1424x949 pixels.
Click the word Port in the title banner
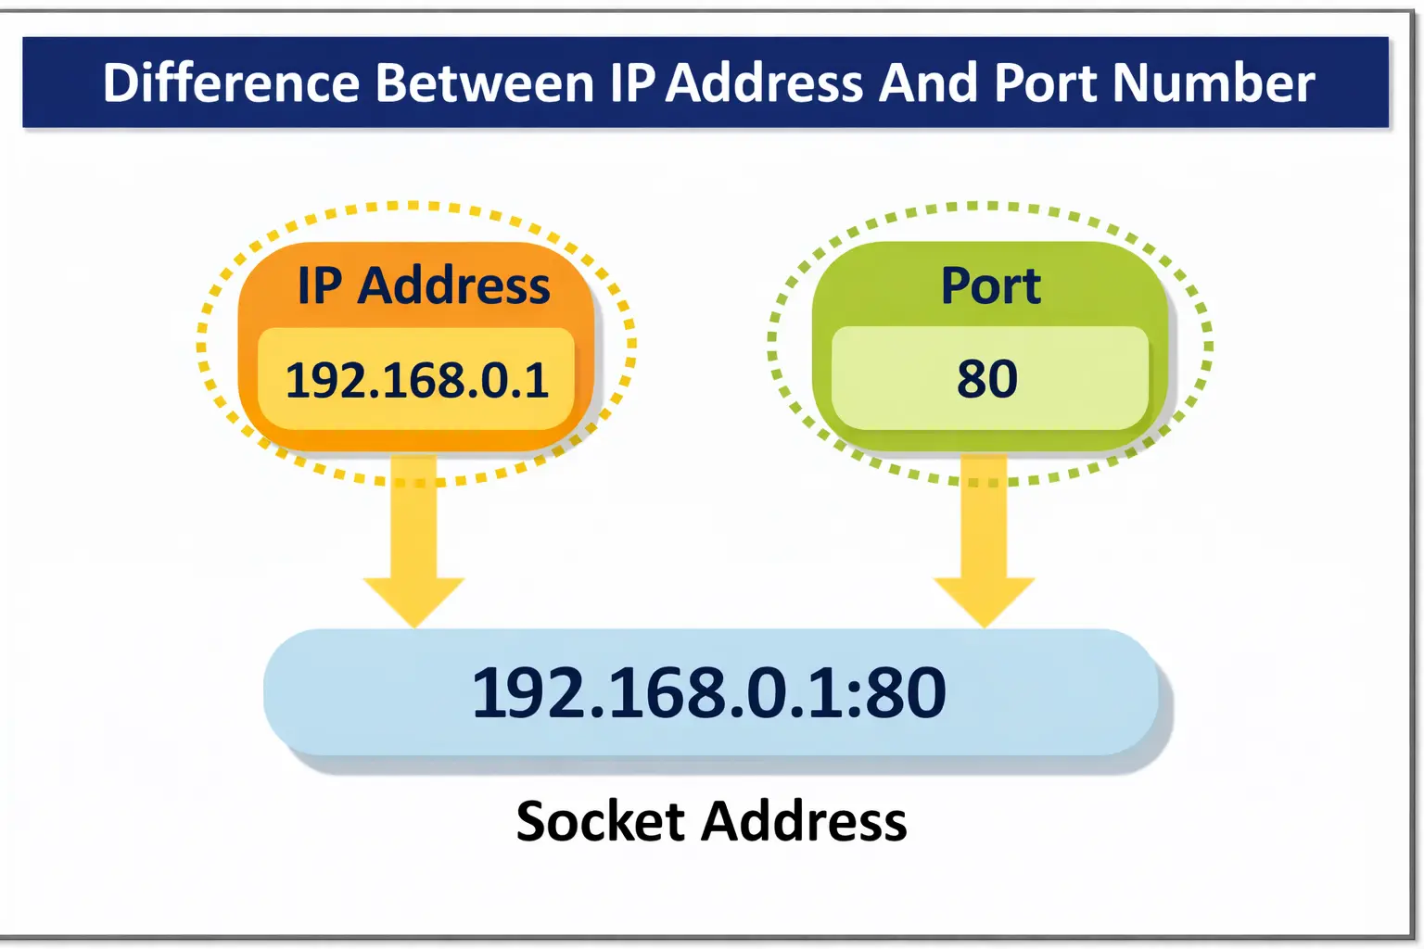coord(1046,83)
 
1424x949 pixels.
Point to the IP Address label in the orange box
coord(424,285)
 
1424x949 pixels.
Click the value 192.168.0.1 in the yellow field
coord(417,381)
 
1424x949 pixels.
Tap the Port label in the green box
coord(990,285)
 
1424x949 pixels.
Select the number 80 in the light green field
coord(987,379)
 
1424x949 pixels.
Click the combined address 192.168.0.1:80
coord(709,693)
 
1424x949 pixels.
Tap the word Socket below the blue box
coord(600,822)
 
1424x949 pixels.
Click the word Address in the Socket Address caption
coord(804,822)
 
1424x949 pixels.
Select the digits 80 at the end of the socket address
coord(905,693)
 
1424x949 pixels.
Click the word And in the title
coord(928,83)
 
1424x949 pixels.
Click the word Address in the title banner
coord(765,83)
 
